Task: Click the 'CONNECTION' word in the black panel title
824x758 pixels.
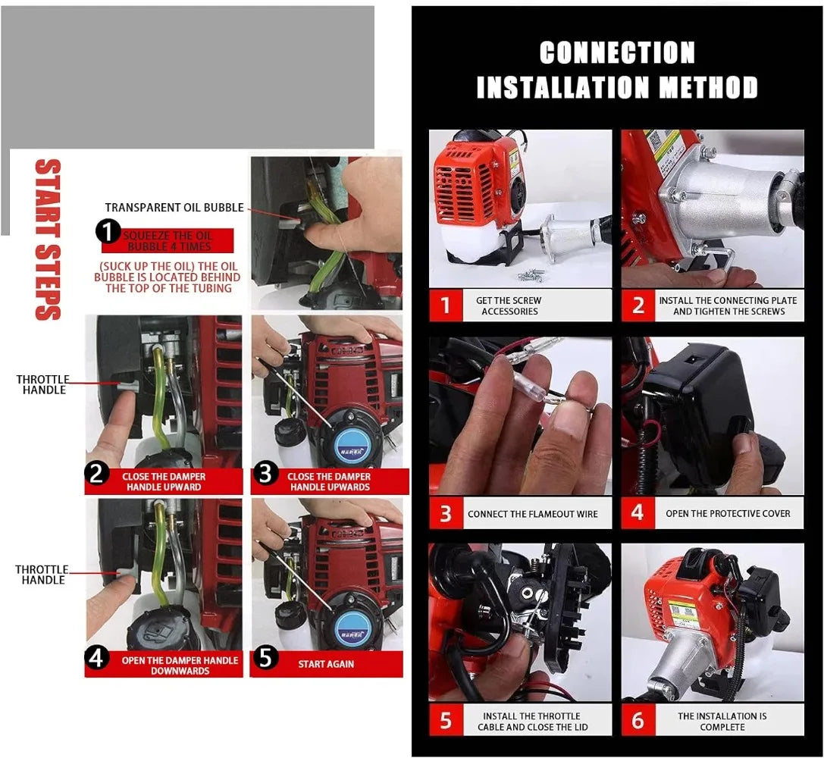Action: pos(617,52)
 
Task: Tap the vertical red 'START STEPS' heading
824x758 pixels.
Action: pos(48,240)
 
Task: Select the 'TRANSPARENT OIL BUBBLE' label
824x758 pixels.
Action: pos(174,208)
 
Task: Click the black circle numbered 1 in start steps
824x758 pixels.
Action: pos(108,231)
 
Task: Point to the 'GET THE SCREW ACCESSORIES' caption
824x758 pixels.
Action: pos(509,305)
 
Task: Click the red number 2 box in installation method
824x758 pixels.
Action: pos(638,305)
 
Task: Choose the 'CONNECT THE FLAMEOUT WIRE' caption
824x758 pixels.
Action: pos(532,514)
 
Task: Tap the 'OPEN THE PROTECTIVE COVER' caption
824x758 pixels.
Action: pos(728,513)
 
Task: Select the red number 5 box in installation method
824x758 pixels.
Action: pos(446,720)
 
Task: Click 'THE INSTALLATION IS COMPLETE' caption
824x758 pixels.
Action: pos(722,721)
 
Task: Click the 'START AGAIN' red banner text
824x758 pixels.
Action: pos(326,664)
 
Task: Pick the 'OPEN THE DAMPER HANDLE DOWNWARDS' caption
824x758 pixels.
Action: pos(180,665)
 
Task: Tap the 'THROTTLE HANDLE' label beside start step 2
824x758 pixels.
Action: pos(42,384)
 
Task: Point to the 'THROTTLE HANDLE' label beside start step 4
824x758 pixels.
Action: pos(42,575)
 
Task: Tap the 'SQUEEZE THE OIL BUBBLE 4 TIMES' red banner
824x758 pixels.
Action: pos(168,241)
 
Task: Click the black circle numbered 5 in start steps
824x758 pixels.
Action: pos(265,658)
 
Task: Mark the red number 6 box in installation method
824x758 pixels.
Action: pos(638,720)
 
